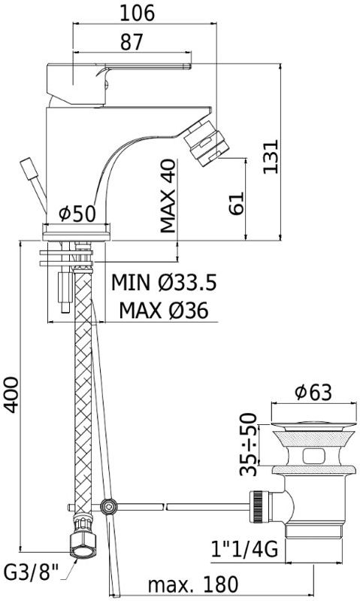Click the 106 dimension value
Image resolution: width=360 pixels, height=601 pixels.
(137, 13)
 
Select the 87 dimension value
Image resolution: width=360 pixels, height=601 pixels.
(132, 42)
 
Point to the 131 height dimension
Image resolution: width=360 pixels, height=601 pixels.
(271, 156)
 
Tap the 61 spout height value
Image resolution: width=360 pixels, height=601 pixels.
(236, 204)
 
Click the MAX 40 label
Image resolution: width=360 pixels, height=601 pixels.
(168, 196)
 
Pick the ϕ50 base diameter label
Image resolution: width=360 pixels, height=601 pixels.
(77, 214)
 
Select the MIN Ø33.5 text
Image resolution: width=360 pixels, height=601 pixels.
(164, 283)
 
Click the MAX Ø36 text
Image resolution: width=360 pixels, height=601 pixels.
(164, 310)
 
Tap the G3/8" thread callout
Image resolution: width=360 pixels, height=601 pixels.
(32, 574)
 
